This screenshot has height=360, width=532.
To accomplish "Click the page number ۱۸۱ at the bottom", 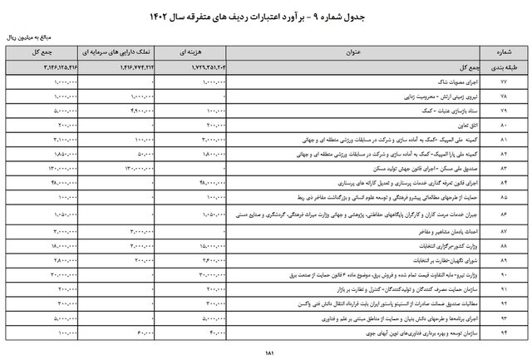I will tap(268, 352).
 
